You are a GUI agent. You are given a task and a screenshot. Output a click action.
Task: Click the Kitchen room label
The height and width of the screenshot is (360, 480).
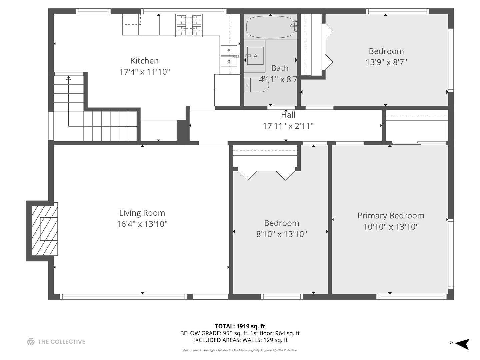145,61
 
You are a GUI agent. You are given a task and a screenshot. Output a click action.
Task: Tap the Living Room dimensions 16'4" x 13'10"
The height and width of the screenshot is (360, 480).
142,224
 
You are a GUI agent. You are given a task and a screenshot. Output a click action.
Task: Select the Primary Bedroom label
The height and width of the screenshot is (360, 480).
391,216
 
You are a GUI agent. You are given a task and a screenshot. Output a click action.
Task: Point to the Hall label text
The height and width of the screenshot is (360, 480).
288,115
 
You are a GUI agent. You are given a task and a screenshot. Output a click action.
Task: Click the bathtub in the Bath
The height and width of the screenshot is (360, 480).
271,27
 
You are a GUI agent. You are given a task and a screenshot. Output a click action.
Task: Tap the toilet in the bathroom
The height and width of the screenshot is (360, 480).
257,85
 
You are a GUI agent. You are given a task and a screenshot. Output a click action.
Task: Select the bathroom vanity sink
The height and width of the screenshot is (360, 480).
255,56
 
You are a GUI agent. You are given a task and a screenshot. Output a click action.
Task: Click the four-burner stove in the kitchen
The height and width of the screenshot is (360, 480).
189,25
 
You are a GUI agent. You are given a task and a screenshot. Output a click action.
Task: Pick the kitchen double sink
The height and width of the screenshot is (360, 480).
229,56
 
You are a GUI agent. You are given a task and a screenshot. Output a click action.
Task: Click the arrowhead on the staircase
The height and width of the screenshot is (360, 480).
69,78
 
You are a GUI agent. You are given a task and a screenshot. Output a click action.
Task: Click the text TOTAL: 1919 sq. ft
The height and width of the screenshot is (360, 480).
240,326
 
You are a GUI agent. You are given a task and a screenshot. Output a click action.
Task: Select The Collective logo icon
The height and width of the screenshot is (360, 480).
31,341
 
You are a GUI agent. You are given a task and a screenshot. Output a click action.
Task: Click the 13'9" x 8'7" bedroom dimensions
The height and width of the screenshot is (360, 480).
386,62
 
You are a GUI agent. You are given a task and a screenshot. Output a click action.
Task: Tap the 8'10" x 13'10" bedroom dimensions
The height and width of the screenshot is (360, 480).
282,234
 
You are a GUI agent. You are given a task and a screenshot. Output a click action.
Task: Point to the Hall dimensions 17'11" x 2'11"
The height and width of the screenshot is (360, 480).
288,126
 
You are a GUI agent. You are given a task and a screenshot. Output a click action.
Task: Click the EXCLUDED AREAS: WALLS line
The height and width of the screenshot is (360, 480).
240,340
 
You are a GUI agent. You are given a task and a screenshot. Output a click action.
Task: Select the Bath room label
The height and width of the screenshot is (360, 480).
280,68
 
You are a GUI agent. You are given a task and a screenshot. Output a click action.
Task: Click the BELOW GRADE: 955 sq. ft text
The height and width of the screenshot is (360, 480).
214,333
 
